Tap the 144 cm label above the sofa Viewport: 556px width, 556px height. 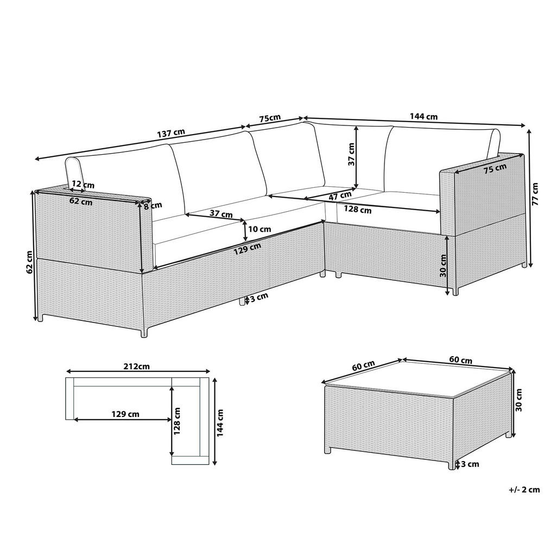[x=423, y=116]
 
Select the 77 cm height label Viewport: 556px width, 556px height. [x=536, y=194]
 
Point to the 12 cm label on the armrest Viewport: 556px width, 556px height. [x=79, y=185]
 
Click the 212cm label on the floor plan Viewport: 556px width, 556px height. [x=136, y=366]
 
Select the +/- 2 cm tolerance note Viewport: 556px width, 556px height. [x=525, y=490]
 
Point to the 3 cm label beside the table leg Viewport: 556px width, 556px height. [x=470, y=464]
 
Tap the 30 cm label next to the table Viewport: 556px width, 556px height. [x=519, y=400]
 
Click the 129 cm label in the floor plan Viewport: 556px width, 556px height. [x=125, y=414]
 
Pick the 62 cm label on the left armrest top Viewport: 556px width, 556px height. [x=80, y=203]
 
